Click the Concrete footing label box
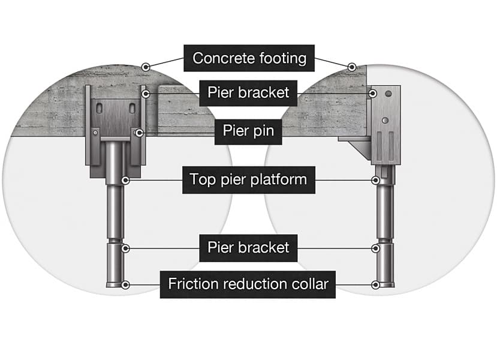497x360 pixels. [249, 58]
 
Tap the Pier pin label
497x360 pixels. [248, 131]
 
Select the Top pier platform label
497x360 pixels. [248, 180]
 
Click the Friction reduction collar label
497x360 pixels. [248, 284]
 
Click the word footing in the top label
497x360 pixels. [283, 59]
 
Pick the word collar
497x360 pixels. [310, 284]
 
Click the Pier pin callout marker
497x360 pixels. [139, 133]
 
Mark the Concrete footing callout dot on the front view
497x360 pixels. [146, 67]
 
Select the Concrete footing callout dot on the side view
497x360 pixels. [351, 67]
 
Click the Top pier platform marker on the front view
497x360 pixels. [125, 180]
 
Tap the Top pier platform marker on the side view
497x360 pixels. [376, 180]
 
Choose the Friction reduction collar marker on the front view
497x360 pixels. [125, 285]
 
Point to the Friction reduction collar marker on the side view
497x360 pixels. [376, 285]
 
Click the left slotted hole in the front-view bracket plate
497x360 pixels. [100, 109]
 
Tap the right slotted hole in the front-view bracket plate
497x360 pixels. [132, 109]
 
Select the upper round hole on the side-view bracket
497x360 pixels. [388, 94]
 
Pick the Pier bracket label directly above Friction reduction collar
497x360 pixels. [248, 248]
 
